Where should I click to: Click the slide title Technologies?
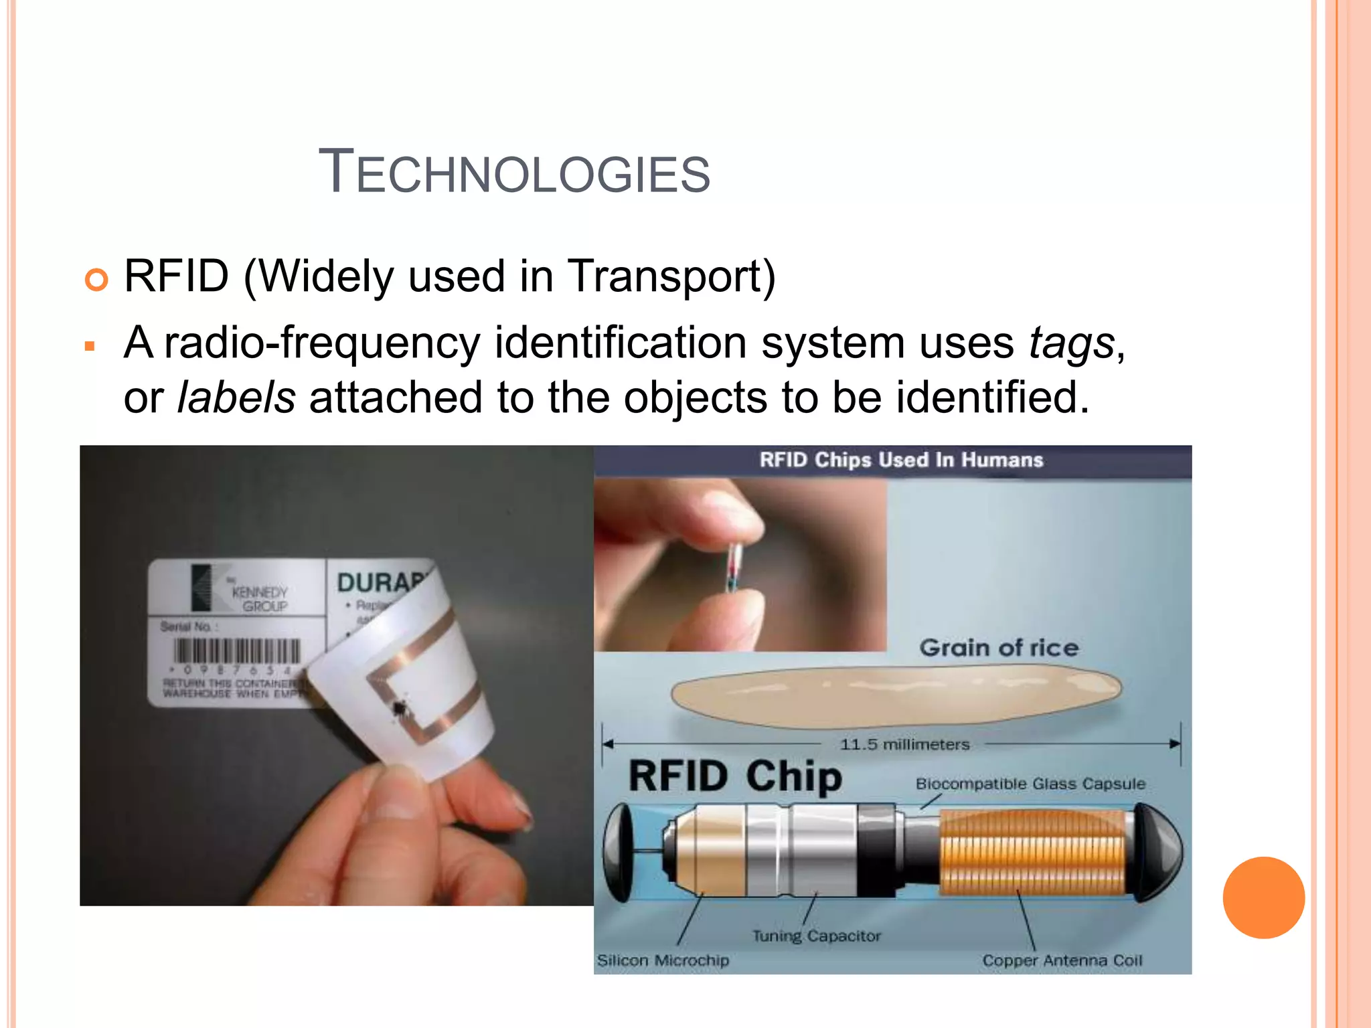click(x=513, y=173)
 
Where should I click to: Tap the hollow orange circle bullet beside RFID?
click(x=96, y=279)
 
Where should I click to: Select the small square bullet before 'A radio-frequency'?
click(x=90, y=347)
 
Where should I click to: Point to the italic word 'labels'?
click(x=236, y=397)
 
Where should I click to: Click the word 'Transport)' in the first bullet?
click(x=671, y=276)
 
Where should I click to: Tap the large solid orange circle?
click(x=1263, y=897)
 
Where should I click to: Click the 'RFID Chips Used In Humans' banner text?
click(x=901, y=460)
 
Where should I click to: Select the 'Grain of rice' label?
click(x=998, y=647)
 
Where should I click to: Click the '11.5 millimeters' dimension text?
click(x=904, y=744)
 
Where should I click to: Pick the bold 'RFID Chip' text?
click(x=735, y=776)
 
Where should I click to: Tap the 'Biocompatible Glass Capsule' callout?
click(x=1030, y=784)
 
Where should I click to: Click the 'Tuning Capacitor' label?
click(x=817, y=936)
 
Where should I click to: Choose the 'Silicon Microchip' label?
click(x=663, y=960)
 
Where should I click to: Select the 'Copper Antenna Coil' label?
click(x=1062, y=960)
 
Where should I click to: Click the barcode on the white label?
click(x=236, y=651)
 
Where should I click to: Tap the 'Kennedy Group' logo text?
click(x=260, y=599)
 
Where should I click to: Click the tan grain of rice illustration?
click(x=896, y=695)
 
